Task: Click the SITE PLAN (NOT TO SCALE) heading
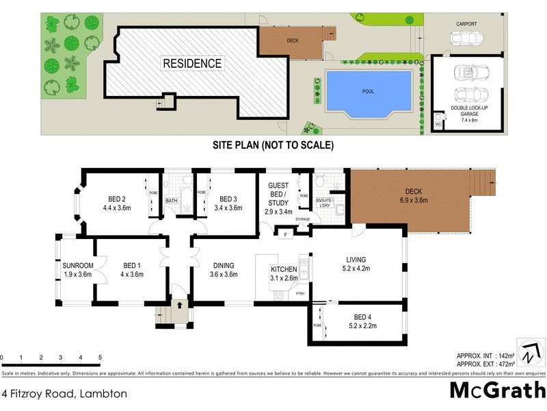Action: coord(273,145)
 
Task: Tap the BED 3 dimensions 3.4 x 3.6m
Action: coord(228,207)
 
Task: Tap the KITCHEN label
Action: coord(284,269)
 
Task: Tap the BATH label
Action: coord(171,201)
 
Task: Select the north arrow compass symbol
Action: coord(528,351)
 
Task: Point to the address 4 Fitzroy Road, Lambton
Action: coord(55,394)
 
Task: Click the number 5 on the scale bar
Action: coord(100,358)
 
